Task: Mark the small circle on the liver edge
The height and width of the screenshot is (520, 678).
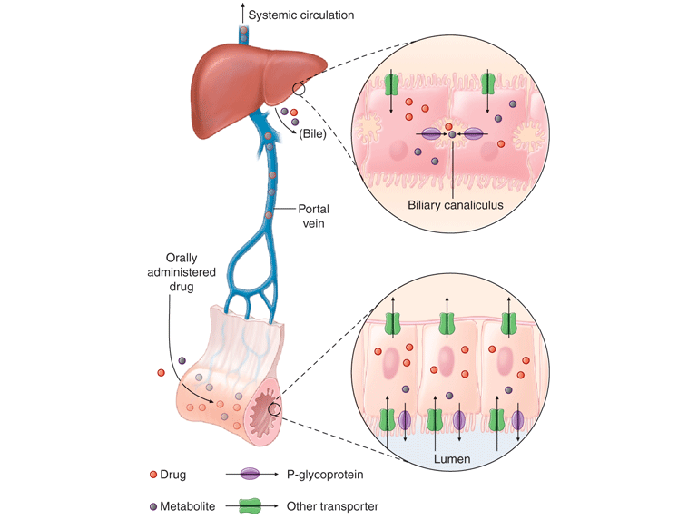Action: (x=299, y=89)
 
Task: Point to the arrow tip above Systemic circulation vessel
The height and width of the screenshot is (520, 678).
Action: (x=242, y=5)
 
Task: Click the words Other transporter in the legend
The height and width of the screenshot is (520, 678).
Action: (x=332, y=506)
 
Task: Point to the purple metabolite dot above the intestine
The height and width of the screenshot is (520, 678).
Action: (x=182, y=360)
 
